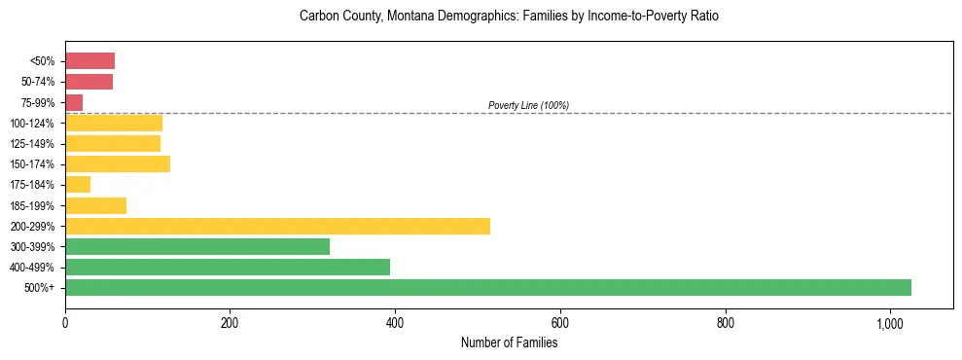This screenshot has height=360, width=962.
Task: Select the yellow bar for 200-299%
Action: point(277,226)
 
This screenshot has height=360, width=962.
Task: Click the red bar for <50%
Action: point(89,61)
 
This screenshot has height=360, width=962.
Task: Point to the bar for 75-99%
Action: point(74,102)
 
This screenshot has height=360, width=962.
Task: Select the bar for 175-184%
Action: point(78,184)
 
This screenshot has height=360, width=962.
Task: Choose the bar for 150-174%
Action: point(118,163)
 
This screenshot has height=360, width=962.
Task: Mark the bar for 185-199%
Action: point(95,205)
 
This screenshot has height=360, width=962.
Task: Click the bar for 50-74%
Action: point(89,82)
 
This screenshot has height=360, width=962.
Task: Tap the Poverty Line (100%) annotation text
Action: point(528,105)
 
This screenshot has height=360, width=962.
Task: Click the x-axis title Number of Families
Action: point(509,342)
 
